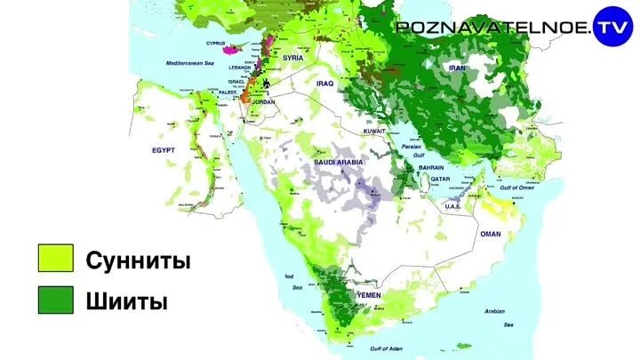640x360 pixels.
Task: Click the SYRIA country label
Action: coord(293,58)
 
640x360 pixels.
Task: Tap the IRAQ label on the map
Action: coord(324,83)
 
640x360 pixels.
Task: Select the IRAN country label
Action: coord(458,68)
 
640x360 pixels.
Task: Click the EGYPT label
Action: coord(164,150)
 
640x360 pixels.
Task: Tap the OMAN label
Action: coord(491,234)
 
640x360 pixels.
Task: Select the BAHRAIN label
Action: coord(431,167)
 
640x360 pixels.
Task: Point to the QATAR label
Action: coord(441,179)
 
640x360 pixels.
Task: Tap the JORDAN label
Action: coord(264,102)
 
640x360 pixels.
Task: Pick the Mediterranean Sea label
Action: coord(190,64)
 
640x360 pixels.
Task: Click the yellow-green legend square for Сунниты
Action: coord(54,260)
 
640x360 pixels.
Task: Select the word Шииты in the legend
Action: coord(127,301)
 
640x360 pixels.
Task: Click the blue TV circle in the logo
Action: coord(612,24)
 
